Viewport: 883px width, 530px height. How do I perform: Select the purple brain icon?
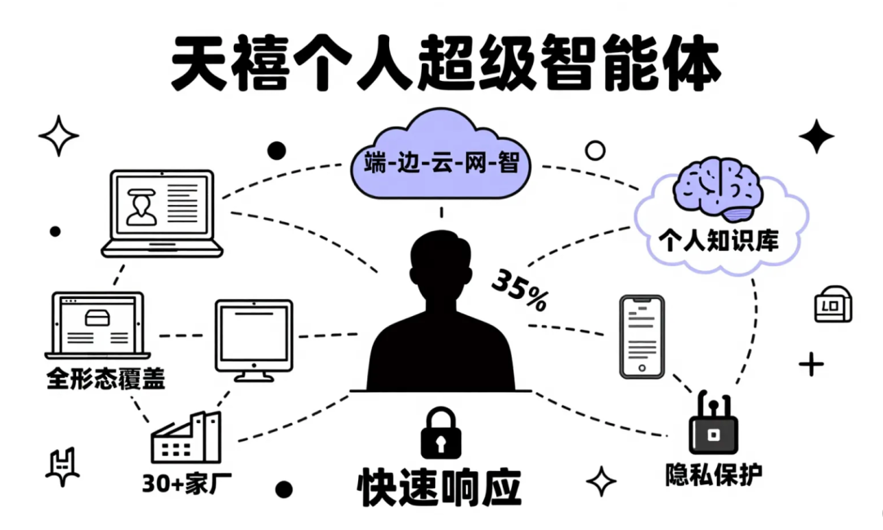point(717,186)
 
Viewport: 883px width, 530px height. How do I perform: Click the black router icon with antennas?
point(713,425)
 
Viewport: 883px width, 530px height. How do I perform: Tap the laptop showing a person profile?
point(162,212)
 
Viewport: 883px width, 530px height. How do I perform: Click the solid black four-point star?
point(815,136)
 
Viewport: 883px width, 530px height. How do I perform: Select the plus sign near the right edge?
point(811,364)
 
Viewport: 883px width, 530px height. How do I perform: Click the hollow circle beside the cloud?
point(595,150)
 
